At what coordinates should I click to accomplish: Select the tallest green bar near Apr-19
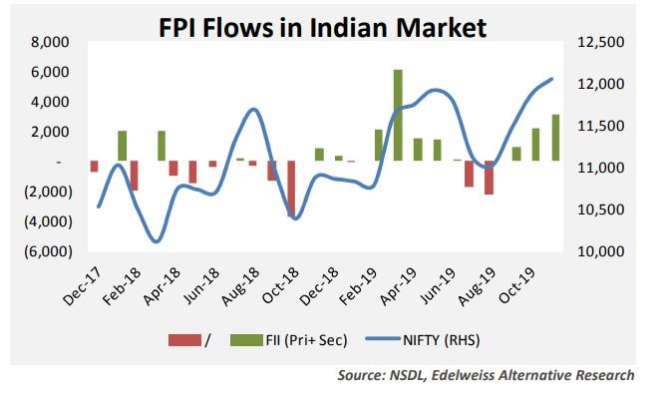pos(398,115)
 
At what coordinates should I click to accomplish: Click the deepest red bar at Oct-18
pos(291,189)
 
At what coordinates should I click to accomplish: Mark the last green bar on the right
pos(554,138)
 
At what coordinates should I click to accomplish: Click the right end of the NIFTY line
pos(552,79)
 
